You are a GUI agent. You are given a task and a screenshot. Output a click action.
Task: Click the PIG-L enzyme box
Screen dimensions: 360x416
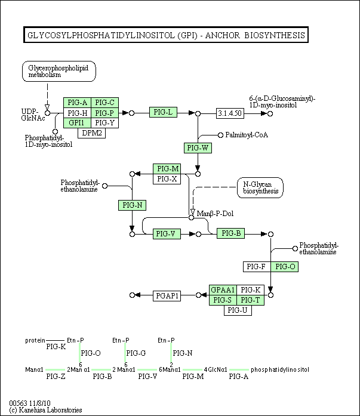coord(163,112)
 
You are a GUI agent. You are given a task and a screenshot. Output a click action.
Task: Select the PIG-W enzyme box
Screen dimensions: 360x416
coord(198,148)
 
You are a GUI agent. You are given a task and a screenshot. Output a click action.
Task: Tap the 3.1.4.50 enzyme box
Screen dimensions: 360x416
coord(230,113)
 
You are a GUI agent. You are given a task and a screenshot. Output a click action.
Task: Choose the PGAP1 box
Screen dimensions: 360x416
coord(167,296)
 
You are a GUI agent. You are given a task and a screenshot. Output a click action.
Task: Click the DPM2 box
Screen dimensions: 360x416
coord(91,133)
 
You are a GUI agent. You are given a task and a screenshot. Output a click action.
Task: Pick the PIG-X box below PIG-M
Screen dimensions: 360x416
coord(167,179)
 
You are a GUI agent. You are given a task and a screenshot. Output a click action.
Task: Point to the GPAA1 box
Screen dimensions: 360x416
coord(223,290)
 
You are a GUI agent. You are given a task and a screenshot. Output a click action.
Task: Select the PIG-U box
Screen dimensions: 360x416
coord(238,310)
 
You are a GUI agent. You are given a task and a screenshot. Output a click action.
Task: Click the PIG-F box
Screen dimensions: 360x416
coord(257,267)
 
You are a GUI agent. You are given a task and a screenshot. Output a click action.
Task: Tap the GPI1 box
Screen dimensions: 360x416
coord(77,123)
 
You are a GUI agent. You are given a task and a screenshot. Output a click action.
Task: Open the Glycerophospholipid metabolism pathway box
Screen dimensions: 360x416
coord(59,72)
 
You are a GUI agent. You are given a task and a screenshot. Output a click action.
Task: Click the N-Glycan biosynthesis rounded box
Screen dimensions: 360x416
coord(260,188)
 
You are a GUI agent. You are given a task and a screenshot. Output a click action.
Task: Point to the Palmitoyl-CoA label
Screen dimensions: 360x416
coord(247,135)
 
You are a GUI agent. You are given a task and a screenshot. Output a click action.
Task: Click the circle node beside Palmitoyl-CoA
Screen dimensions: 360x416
coord(220,135)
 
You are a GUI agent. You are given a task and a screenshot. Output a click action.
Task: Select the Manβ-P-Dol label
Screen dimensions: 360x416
coord(215,214)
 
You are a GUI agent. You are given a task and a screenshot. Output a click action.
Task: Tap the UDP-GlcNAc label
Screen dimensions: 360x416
coord(33,115)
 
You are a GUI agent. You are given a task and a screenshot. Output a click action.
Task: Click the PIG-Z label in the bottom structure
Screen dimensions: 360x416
coord(56,377)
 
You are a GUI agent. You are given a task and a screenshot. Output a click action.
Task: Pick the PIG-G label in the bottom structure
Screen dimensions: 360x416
coord(136,353)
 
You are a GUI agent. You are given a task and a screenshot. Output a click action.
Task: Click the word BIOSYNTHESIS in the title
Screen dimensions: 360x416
coord(275,35)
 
